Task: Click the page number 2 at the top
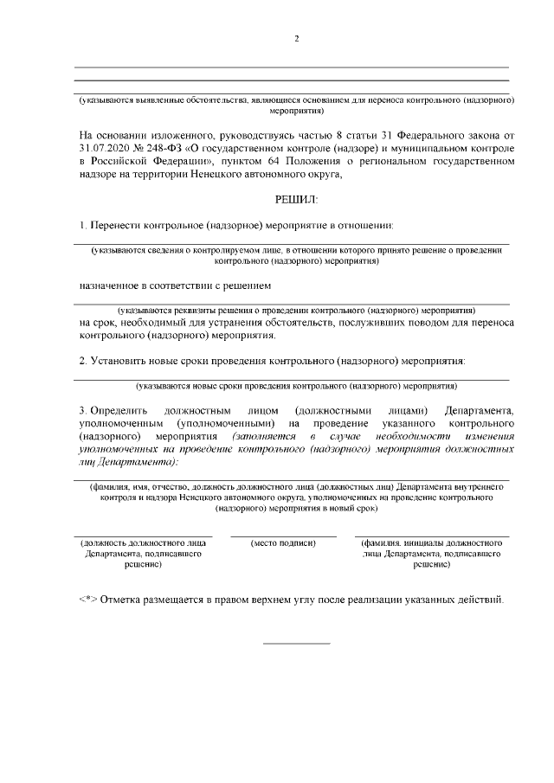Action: pos(296,39)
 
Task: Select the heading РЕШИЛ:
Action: pos(296,199)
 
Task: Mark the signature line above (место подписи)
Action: pos(283,536)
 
